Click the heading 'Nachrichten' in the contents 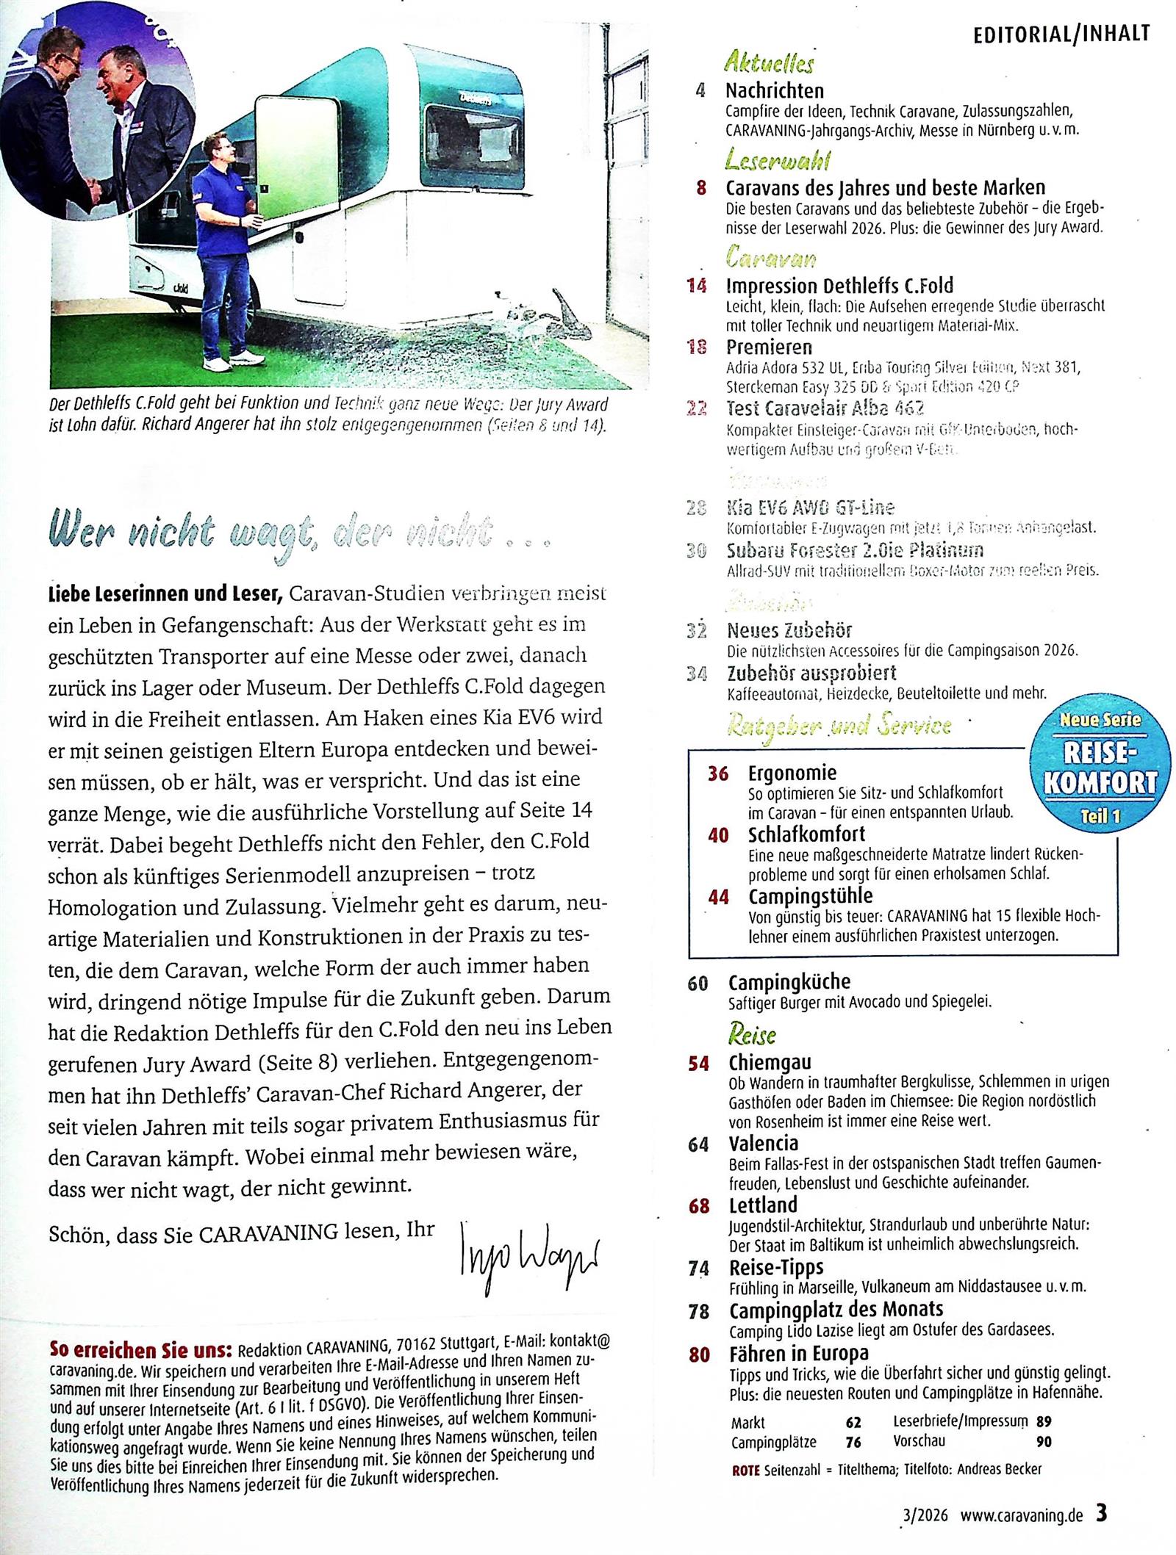point(774,91)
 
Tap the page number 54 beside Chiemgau point(698,1063)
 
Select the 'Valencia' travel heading point(763,1144)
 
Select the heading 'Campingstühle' point(810,896)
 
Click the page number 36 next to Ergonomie point(718,773)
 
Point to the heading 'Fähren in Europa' point(798,1353)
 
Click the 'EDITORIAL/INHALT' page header point(1061,34)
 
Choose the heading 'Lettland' point(763,1205)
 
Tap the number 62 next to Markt point(853,1422)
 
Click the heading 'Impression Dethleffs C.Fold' point(839,285)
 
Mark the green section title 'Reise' point(752,1034)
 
